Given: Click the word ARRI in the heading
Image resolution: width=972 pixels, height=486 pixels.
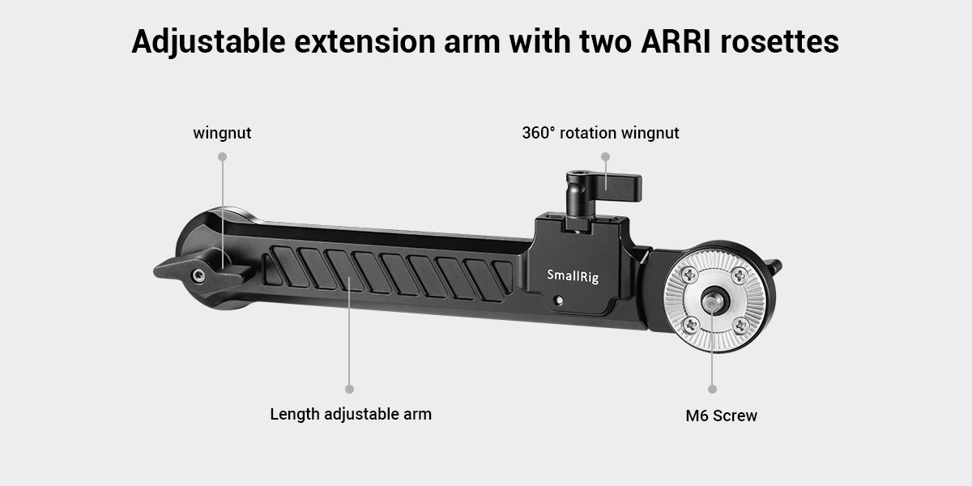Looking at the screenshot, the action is [676, 41].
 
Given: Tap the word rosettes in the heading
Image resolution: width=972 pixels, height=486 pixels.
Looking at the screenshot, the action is [779, 42].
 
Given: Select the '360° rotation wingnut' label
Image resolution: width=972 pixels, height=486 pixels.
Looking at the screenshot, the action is [600, 133].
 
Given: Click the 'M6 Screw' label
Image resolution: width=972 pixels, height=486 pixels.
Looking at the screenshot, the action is [721, 416].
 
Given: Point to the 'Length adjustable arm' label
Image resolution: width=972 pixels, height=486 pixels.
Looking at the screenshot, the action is [351, 414].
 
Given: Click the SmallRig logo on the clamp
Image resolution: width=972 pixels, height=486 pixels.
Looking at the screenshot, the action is [573, 275].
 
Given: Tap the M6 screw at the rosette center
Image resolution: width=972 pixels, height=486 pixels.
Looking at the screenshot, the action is [712, 301].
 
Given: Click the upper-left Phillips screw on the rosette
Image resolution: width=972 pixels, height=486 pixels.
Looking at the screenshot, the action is [689, 275].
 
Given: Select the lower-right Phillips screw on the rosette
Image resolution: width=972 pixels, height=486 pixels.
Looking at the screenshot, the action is [740, 326].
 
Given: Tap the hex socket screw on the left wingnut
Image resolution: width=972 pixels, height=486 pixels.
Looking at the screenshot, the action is [199, 275].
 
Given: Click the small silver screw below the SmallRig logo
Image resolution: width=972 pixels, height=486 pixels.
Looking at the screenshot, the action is [560, 300].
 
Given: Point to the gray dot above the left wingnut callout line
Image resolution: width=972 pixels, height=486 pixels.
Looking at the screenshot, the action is [222, 156].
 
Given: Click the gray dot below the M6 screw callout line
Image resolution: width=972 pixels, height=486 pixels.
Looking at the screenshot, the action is [712, 390].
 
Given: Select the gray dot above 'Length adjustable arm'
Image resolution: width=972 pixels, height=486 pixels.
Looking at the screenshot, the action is [349, 390].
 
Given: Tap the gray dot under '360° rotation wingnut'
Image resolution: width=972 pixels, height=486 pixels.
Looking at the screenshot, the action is [605, 156].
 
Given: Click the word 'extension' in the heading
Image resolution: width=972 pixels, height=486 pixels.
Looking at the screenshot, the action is [364, 42].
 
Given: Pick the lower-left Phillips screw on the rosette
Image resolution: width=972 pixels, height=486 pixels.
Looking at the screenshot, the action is [690, 325].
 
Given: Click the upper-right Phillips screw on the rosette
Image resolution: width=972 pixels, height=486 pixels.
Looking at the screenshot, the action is [740, 275].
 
